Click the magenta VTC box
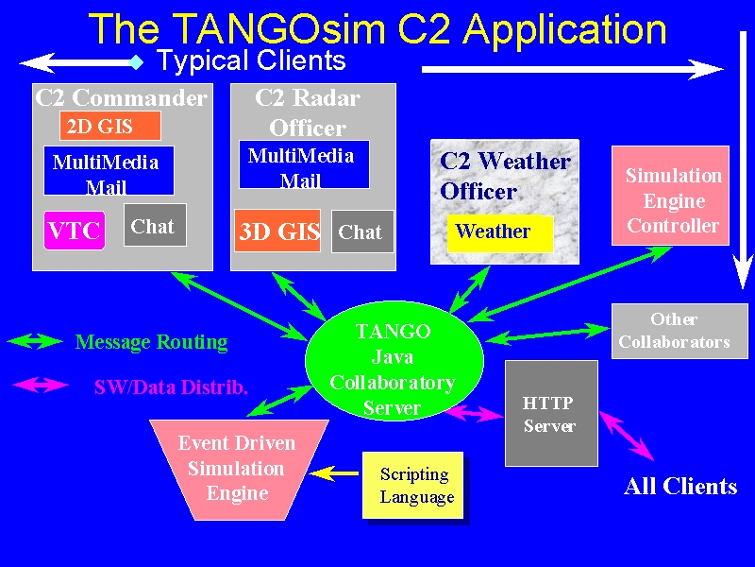75,231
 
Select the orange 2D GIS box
110,126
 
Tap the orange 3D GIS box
277,231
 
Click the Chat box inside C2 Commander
155,225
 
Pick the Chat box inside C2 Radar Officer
362,232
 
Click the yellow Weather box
500,233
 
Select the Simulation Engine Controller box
670,196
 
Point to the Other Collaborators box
679,332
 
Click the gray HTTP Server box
551,414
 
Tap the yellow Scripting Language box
413,485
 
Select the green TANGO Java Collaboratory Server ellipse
394,361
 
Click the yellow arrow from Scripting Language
334,473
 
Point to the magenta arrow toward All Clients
627,436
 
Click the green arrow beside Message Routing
35,341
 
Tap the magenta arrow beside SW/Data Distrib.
41,385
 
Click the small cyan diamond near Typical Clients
137,62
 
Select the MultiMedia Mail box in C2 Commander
109,171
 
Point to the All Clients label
680,486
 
